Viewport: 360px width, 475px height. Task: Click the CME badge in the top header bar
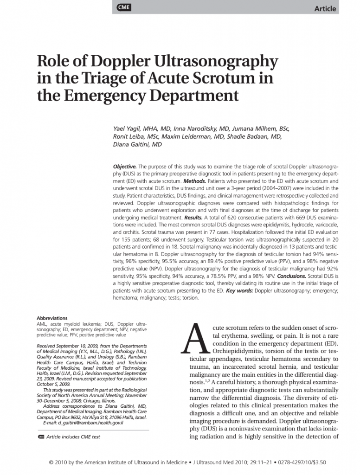tap(123, 7)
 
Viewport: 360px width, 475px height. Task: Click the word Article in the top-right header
tap(325, 9)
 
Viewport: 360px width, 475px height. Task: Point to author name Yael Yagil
tap(127, 128)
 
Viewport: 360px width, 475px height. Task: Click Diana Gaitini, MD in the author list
tap(137, 144)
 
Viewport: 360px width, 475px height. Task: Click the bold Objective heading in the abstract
tap(125, 167)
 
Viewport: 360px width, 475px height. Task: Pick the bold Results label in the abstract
tap(193, 217)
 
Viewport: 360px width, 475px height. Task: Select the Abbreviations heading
tap(52, 318)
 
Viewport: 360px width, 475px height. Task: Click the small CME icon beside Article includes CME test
tap(40, 437)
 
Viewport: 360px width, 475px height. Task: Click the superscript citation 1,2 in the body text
tap(207, 381)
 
